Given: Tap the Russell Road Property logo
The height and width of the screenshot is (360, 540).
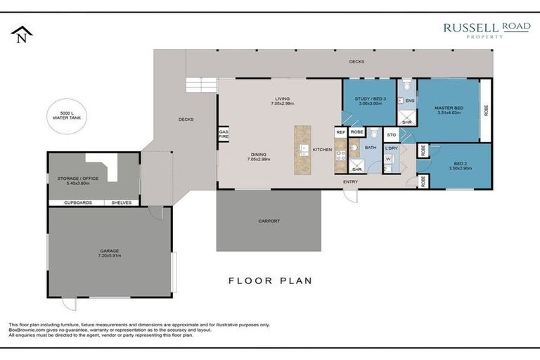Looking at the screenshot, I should (486, 30).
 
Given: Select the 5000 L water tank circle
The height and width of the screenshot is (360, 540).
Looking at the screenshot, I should (67, 115).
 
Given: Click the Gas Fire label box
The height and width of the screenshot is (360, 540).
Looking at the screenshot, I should (224, 134).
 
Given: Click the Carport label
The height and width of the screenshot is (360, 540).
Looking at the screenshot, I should (269, 221).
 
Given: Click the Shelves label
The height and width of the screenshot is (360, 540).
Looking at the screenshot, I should (122, 202).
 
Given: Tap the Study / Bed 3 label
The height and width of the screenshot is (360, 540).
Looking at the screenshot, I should (369, 101).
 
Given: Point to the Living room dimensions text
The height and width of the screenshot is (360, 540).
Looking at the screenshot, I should (282, 104).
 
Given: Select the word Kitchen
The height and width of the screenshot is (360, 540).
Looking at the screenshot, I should (322, 150).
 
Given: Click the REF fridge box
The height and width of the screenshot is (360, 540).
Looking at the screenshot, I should (340, 131).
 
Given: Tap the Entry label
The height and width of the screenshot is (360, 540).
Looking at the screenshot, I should (350, 182).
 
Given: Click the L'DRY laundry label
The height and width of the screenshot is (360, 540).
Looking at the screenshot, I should (391, 148).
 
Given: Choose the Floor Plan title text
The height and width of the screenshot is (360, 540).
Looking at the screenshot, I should (270, 281).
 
